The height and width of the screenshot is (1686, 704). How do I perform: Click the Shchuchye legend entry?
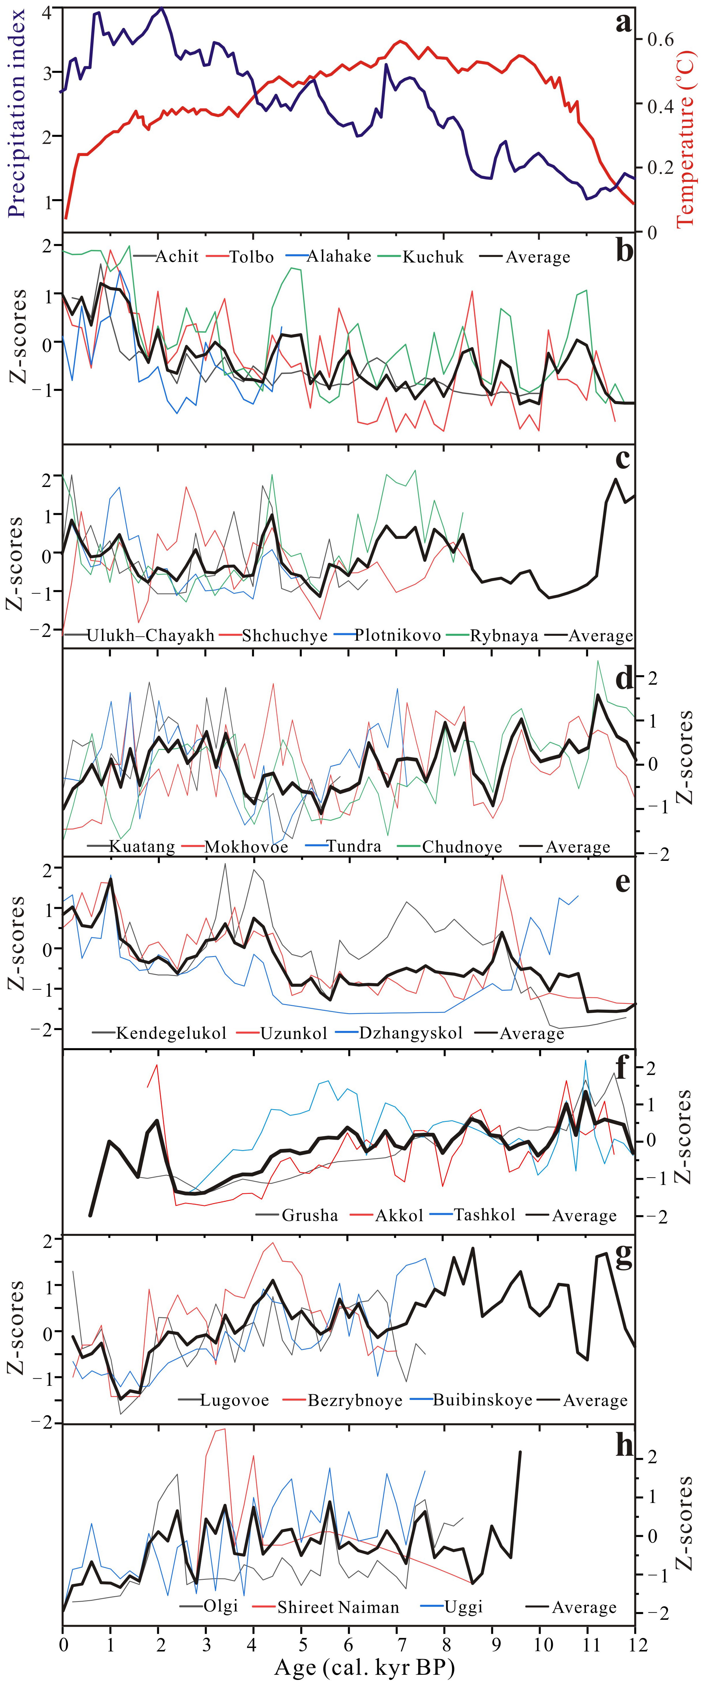point(284,635)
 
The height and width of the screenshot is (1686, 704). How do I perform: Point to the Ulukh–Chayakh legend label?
point(151,635)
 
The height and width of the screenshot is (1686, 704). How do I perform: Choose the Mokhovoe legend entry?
point(246,847)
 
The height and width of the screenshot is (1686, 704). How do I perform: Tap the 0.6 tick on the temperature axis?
point(660,39)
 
